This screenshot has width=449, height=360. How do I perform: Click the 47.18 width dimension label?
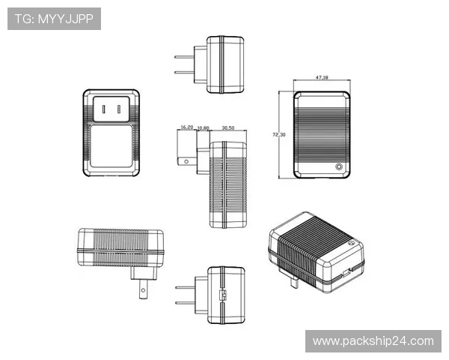pyautogui.click(x=322, y=77)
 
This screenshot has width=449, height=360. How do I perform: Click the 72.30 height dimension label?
pyautogui.click(x=278, y=134)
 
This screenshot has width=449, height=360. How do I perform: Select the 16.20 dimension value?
pyautogui.click(x=186, y=127)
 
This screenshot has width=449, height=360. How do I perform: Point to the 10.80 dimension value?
pyautogui.click(x=203, y=128)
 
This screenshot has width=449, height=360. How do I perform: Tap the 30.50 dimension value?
pyautogui.click(x=228, y=127)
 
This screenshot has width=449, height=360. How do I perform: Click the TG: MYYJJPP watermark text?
pyautogui.click(x=54, y=19)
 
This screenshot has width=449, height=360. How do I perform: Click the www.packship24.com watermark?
pyautogui.click(x=373, y=341)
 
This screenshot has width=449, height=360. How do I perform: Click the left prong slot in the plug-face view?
pyautogui.click(x=104, y=109)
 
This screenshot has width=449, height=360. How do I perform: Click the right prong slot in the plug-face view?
pyautogui.click(x=119, y=109)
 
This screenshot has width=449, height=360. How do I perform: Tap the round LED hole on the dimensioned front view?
pyautogui.click(x=339, y=166)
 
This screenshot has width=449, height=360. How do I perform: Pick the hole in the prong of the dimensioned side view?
pyautogui.click(x=186, y=162)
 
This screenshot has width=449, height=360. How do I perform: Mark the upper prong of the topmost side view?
pyautogui.click(x=184, y=57)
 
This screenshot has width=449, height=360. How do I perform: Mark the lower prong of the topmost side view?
pyautogui.click(x=184, y=73)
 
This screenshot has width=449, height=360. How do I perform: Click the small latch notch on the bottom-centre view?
pyautogui.click(x=223, y=295)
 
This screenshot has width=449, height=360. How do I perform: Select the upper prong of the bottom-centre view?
pyautogui.click(x=186, y=287)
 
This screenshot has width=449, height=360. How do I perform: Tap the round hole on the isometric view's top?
pyautogui.click(x=351, y=244)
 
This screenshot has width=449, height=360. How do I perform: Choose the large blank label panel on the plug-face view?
pyautogui.click(x=112, y=146)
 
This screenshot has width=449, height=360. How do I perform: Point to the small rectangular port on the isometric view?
pyautogui.click(x=347, y=271)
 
